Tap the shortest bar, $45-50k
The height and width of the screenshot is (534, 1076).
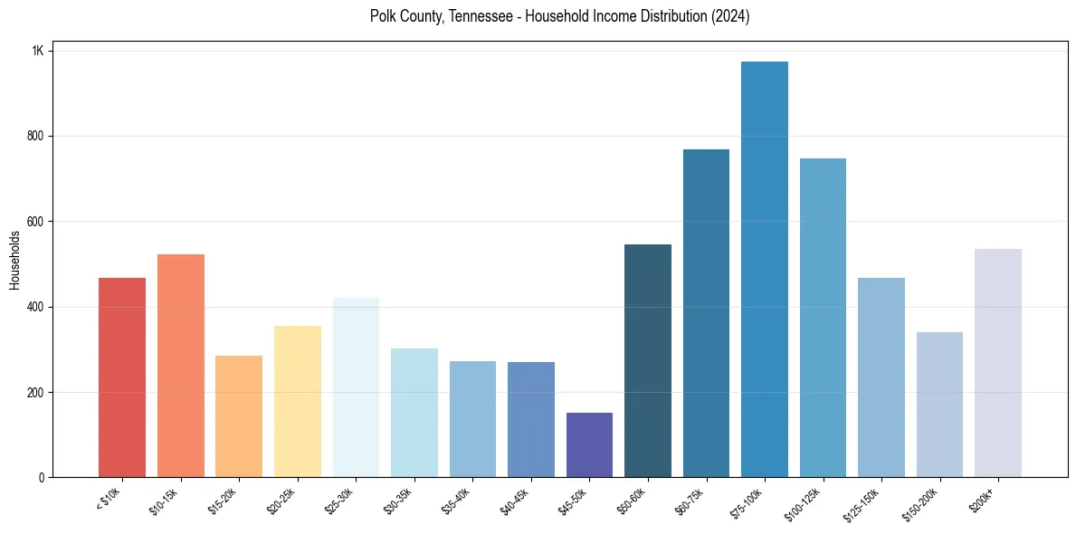click(x=589, y=444)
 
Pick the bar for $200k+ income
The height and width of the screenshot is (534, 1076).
click(x=998, y=363)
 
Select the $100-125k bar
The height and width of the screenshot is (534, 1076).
click(x=823, y=318)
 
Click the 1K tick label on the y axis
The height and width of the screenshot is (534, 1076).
click(x=37, y=51)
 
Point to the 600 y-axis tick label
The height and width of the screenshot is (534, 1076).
click(x=35, y=222)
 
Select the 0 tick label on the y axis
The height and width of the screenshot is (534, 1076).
click(x=41, y=478)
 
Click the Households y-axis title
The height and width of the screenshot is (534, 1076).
click(x=14, y=260)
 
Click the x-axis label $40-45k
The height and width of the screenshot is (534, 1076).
click(x=514, y=501)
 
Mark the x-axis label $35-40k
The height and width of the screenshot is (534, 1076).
click(x=456, y=501)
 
